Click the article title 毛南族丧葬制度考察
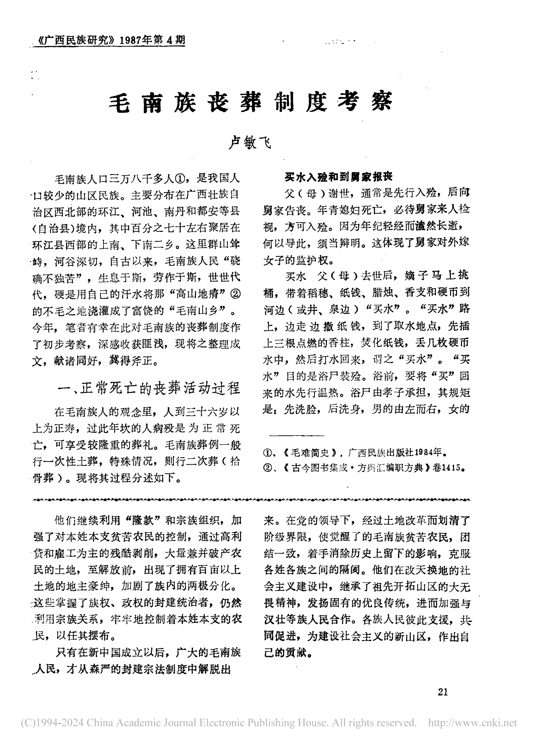[x=250, y=102]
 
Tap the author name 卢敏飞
[x=250, y=143]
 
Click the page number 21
[x=443, y=691]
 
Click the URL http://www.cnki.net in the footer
[x=472, y=723]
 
